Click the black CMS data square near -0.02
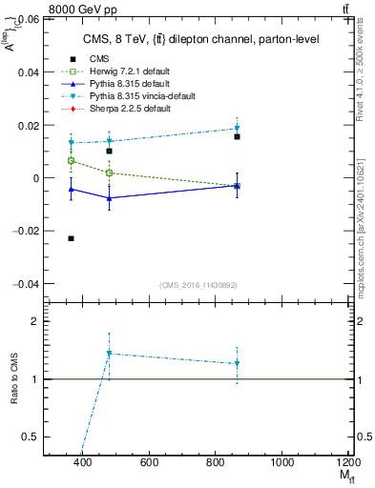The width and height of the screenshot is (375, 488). [71, 238]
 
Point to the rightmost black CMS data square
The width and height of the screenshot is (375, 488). [237, 136]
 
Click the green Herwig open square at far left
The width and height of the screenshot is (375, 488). [71, 161]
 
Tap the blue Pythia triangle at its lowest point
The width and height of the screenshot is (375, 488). [110, 198]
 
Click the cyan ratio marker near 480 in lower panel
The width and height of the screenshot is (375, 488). [110, 354]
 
